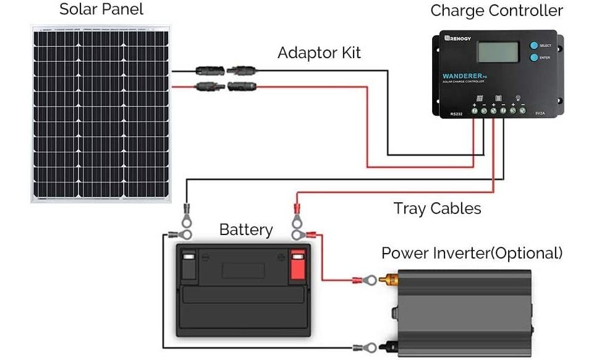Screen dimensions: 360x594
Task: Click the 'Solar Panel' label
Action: pyautogui.click(x=101, y=10)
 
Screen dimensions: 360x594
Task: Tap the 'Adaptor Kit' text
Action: pyautogui.click(x=319, y=53)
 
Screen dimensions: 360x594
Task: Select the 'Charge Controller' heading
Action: pyautogui.click(x=496, y=11)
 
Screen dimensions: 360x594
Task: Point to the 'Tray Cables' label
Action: pyautogui.click(x=437, y=208)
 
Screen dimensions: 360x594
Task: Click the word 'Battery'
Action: pyautogui.click(x=245, y=230)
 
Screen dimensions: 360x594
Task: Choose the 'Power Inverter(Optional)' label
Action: pyautogui.click(x=472, y=253)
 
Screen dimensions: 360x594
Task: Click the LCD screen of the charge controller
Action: pyautogui.click(x=497, y=51)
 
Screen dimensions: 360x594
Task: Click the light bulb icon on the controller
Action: pyautogui.click(x=518, y=98)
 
